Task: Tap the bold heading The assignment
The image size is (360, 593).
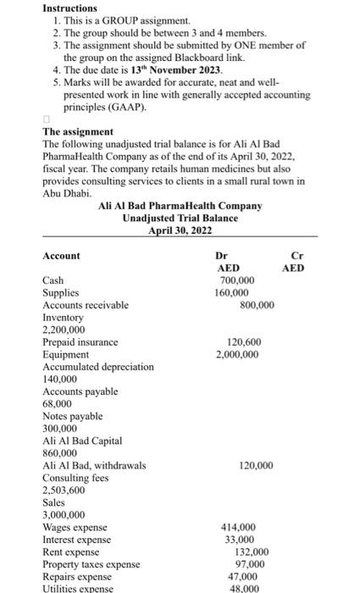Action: coord(77,132)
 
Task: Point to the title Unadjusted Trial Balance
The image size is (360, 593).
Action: coord(180,218)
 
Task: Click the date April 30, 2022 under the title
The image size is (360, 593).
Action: coord(180,230)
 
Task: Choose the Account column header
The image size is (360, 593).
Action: coord(61,256)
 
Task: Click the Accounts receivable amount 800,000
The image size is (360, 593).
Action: coord(258,305)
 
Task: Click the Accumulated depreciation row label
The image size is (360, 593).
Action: coord(98,367)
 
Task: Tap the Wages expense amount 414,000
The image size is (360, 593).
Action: coord(238,527)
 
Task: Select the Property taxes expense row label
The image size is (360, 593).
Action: coord(91,564)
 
